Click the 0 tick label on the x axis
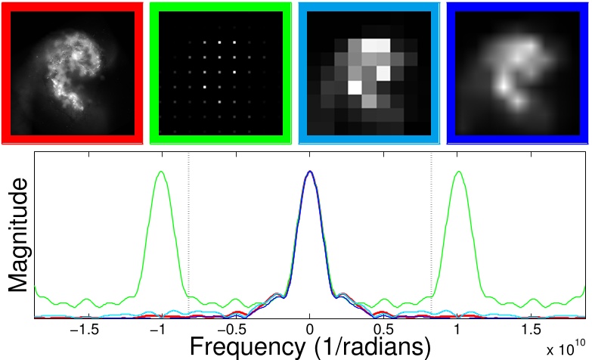click(x=310, y=331)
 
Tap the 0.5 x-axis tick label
click(x=384, y=331)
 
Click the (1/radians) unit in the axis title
click(x=371, y=347)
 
